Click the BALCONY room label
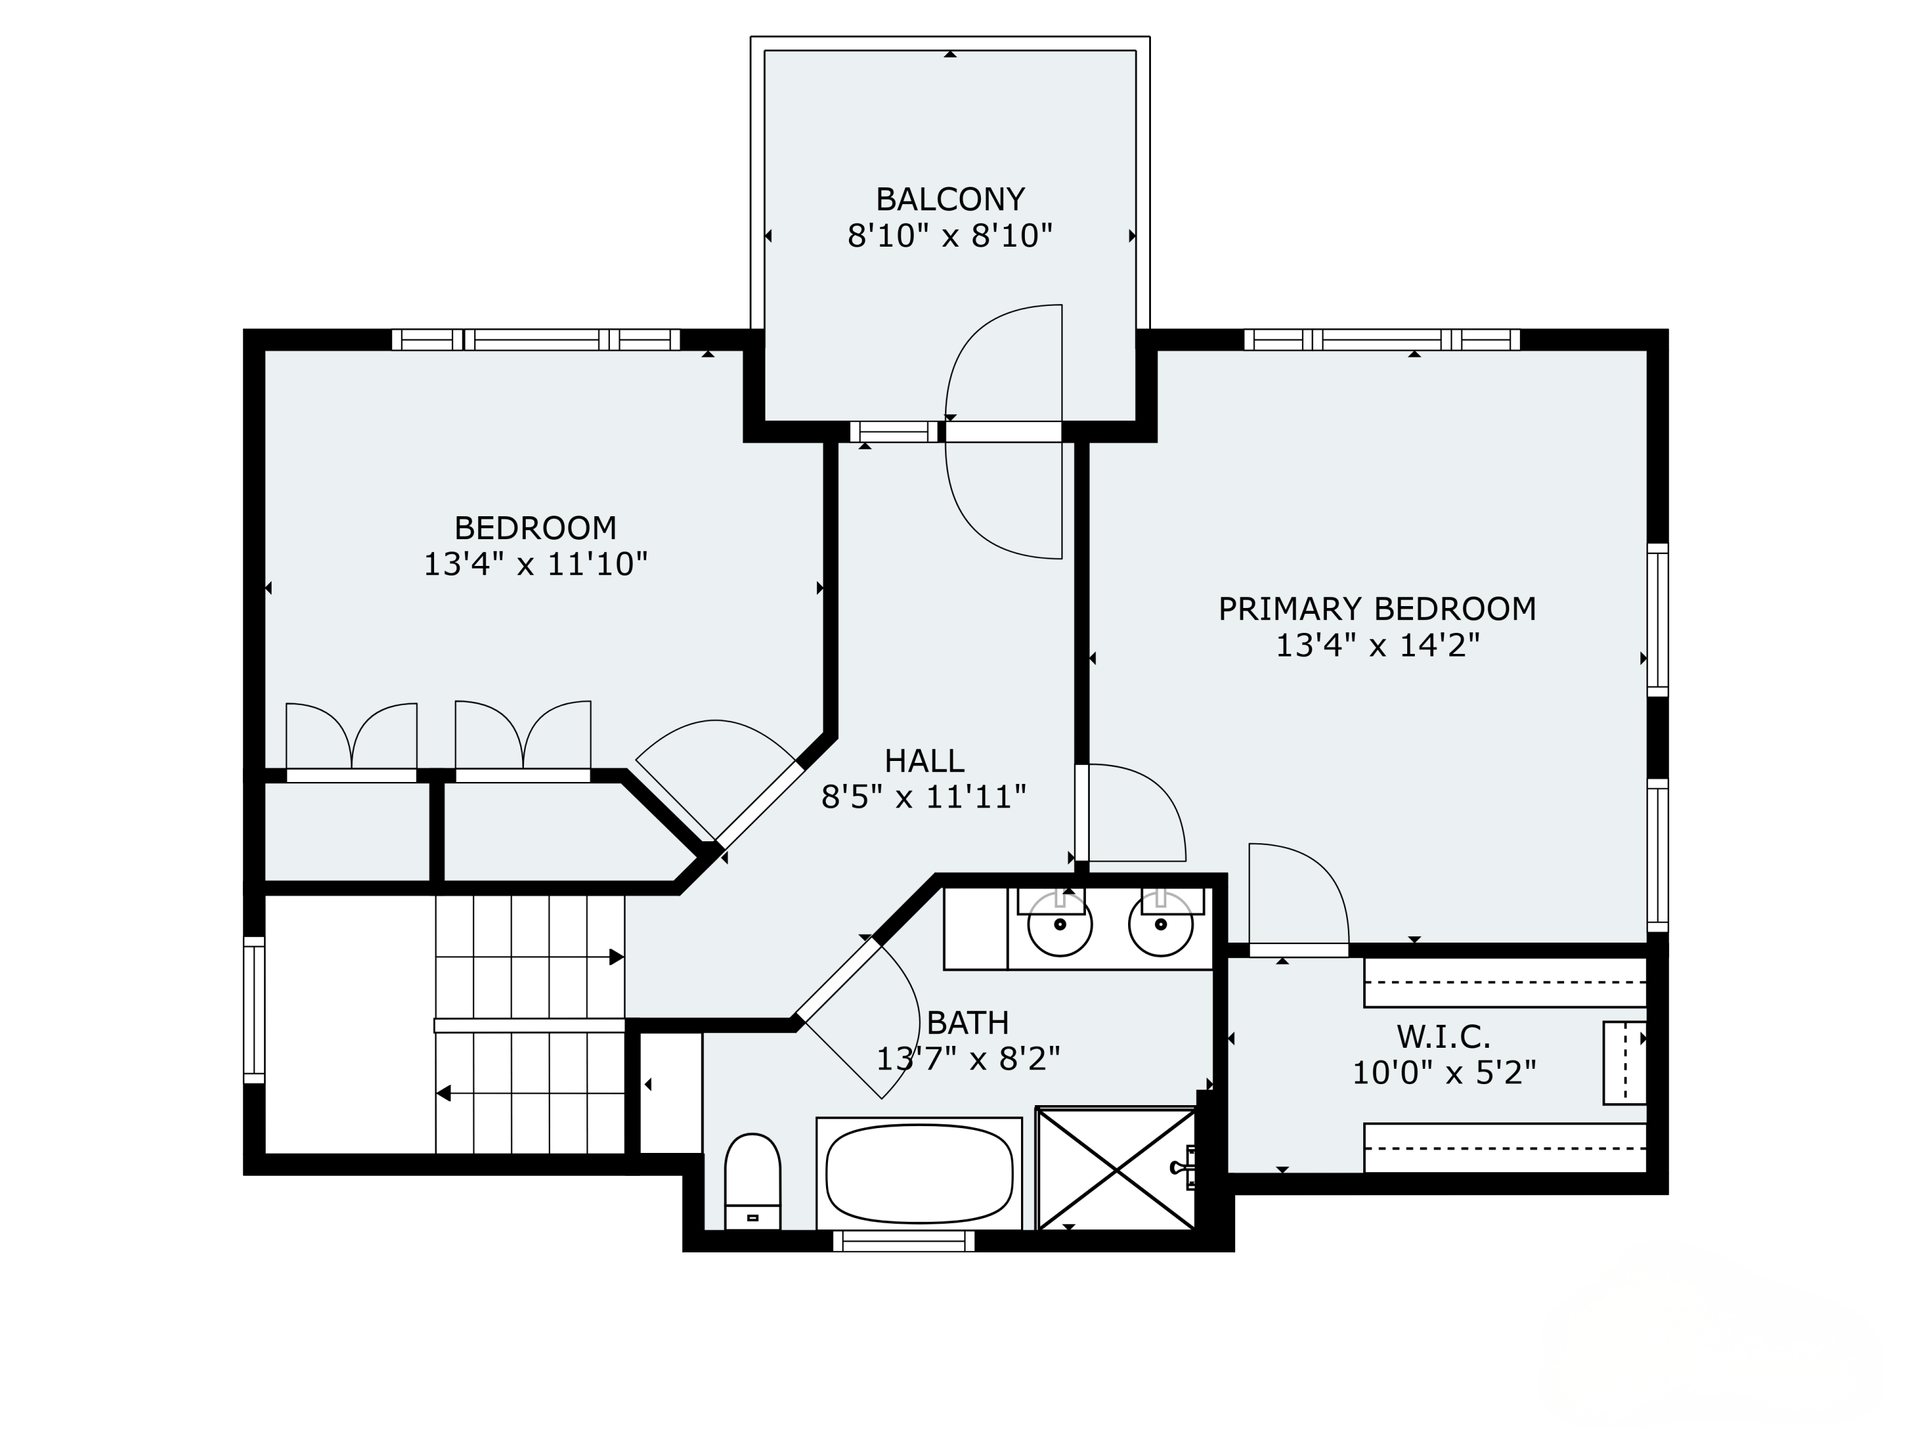click(950, 199)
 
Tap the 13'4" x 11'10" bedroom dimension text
click(535, 565)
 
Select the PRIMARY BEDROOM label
click(1377, 609)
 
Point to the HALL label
click(924, 760)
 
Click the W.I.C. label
click(1444, 1036)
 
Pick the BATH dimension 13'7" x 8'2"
click(968, 1059)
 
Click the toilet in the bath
click(752, 1181)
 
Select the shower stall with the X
click(1116, 1169)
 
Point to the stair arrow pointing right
click(530, 957)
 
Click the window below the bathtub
click(903, 1242)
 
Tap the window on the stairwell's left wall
click(254, 1010)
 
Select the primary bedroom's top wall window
click(1381, 340)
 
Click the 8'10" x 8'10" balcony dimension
click(950, 236)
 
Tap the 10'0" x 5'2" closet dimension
click(1444, 1073)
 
